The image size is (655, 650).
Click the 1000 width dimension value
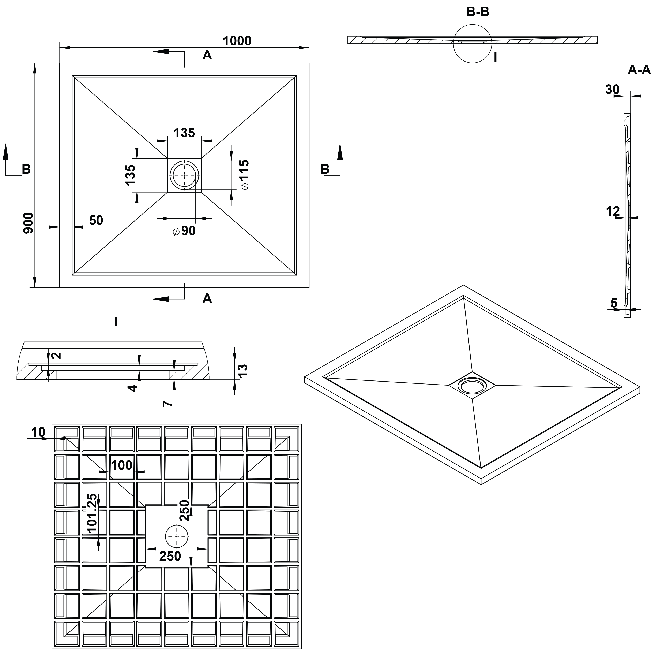237,41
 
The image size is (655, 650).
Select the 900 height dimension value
28,223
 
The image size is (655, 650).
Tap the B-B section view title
478,12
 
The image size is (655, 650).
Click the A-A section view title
639,70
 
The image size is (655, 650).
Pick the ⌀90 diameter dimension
184,231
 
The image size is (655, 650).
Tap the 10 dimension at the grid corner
38,432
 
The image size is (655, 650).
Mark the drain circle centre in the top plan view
184,175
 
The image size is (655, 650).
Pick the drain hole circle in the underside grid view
177,536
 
